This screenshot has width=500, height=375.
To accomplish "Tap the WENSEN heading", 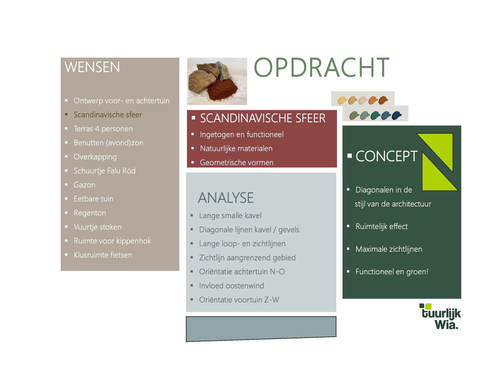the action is tap(92, 67).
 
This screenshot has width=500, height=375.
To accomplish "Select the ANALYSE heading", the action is tap(226, 198).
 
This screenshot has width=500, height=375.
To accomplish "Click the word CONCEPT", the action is tap(386, 156).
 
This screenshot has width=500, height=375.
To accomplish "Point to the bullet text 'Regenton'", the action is tap(90, 213).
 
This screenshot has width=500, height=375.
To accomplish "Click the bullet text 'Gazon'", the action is tap(85, 185).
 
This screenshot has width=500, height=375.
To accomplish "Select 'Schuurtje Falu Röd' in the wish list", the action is tap(105, 171).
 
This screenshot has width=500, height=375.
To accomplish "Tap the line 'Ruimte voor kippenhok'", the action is tap(112, 241).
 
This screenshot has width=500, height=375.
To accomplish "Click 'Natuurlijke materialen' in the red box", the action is tap(236, 148).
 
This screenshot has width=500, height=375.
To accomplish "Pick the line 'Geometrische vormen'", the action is tap(237, 162).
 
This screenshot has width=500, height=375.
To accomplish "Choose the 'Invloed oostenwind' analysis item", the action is tap(232, 286).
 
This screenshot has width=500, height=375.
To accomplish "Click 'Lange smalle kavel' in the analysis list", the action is tap(230, 216).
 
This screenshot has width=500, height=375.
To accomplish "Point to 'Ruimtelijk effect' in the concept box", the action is tap(382, 227).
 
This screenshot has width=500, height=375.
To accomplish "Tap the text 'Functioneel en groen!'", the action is tap(392, 272).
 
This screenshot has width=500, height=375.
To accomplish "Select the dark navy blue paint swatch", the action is tap(397, 115).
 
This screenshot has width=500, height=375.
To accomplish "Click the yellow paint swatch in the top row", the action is tap(342, 100).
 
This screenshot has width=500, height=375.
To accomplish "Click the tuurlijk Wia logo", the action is tap(440, 316).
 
